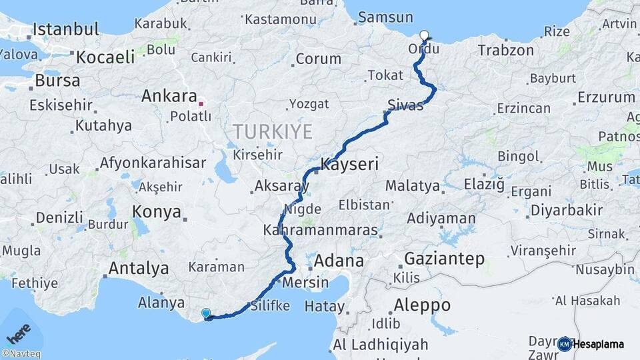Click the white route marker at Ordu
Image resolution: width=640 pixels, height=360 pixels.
424,35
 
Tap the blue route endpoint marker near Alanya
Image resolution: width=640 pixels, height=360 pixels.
206,313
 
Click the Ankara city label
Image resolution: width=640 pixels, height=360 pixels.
169,96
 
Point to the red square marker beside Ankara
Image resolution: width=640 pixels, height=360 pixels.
201,103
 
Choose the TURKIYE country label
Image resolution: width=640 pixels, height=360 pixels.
273,131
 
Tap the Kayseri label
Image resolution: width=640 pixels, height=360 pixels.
350,164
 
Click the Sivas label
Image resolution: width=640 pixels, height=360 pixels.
405,105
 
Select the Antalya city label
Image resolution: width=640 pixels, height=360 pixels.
138,269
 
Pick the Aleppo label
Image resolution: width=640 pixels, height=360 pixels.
422,305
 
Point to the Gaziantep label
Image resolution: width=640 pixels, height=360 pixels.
444,259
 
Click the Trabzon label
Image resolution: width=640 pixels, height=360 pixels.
506,50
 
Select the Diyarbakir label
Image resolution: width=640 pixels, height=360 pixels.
567,211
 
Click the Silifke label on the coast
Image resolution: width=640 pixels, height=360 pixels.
269,306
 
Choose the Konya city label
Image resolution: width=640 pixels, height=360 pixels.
157,212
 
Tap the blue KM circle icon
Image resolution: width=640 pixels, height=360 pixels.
564,344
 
